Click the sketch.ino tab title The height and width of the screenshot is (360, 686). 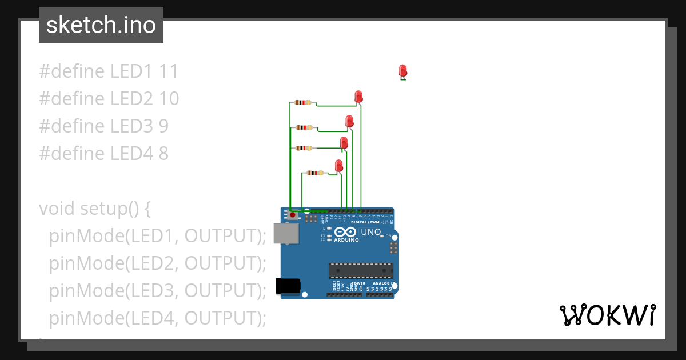(x=101, y=25)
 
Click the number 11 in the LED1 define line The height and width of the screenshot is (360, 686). (x=169, y=71)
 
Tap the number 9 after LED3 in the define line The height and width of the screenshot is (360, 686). (x=163, y=126)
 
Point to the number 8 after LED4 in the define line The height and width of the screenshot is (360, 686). (x=163, y=153)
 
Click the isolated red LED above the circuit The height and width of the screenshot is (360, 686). (x=403, y=71)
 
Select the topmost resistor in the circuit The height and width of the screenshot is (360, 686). (x=302, y=102)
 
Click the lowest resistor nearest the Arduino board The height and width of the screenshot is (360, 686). (x=315, y=173)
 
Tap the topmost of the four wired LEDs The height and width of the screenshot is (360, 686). (x=358, y=96)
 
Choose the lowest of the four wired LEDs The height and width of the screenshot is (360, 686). (x=338, y=166)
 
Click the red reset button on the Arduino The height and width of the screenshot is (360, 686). (x=293, y=215)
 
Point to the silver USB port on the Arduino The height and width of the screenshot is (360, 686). (x=285, y=233)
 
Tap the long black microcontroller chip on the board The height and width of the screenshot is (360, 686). (x=360, y=270)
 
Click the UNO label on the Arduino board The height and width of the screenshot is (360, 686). (x=370, y=232)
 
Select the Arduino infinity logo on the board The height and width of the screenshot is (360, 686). (x=346, y=232)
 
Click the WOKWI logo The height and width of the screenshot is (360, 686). (x=607, y=315)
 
